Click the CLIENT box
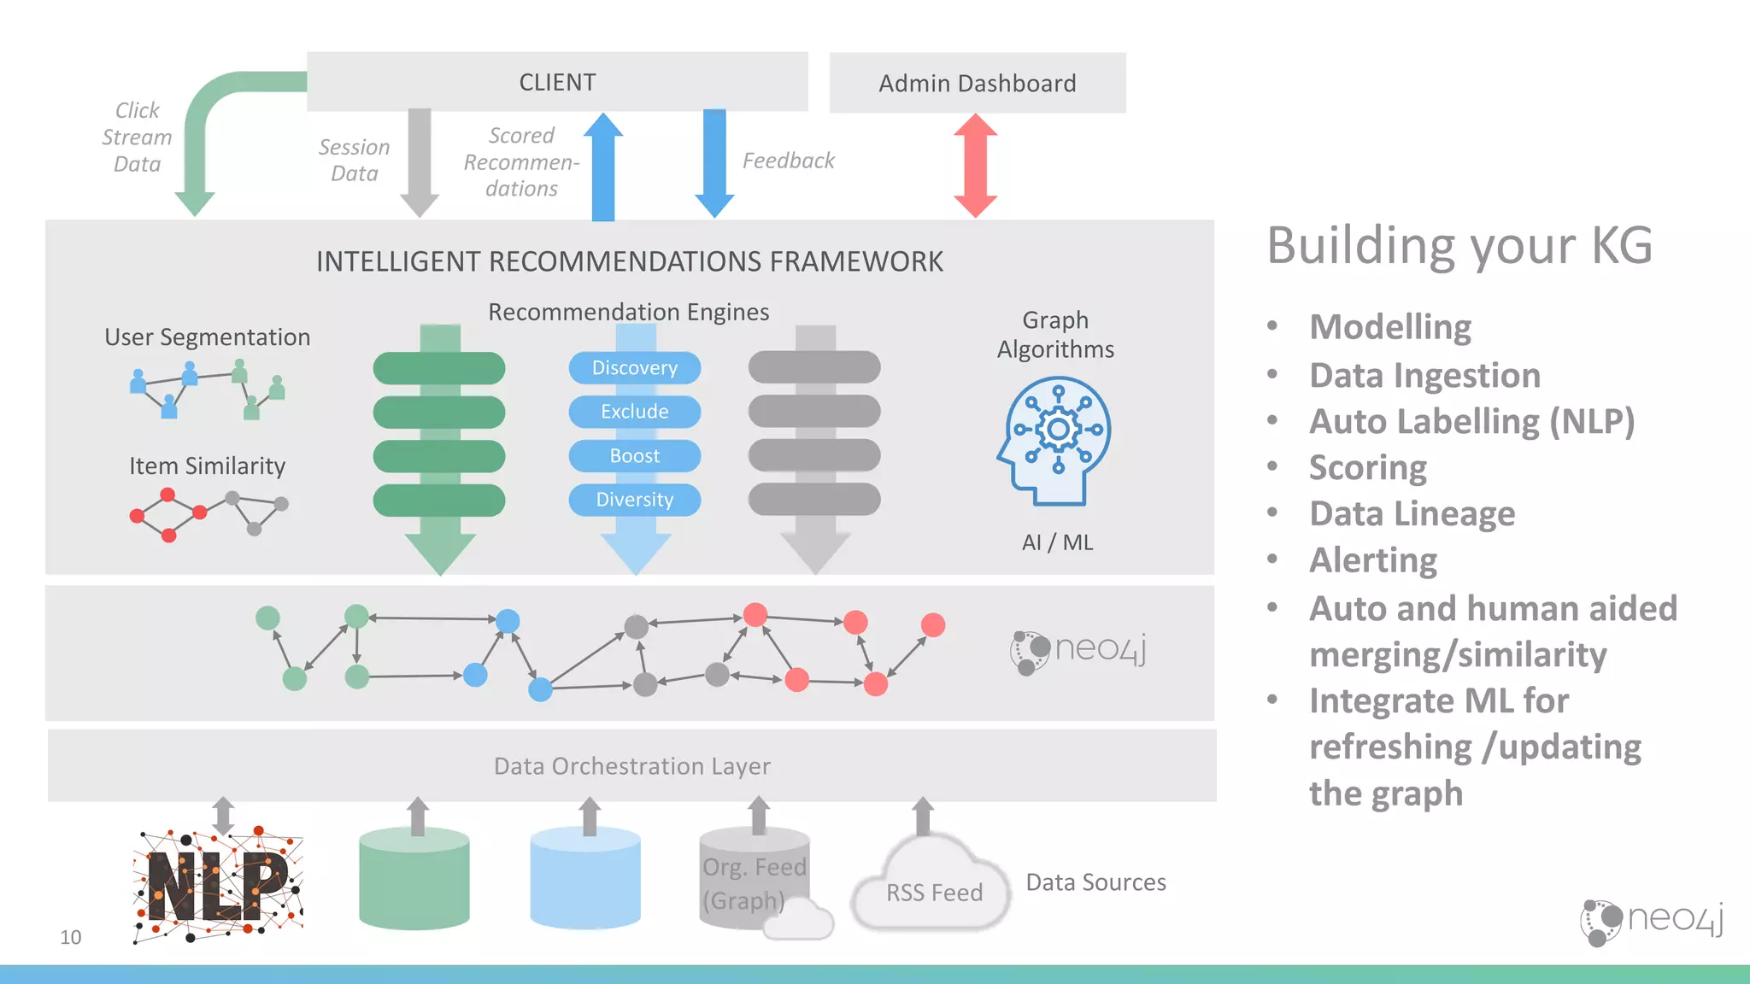click(557, 82)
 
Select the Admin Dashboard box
click(977, 83)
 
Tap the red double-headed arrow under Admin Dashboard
click(975, 166)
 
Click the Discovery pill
click(634, 368)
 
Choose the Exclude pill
click(634, 412)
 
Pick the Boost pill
click(634, 456)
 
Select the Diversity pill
click(634, 500)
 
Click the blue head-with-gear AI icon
click(1055, 440)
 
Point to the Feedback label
click(788, 161)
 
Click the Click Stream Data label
click(137, 137)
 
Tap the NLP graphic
click(218, 884)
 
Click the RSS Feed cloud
click(933, 888)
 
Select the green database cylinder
click(414, 880)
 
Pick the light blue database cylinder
click(585, 880)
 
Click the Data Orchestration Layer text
click(631, 766)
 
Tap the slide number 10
click(70, 937)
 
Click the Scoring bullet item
click(1367, 468)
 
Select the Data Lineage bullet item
click(1412, 514)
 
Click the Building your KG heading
click(1459, 246)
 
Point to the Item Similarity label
click(207, 466)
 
